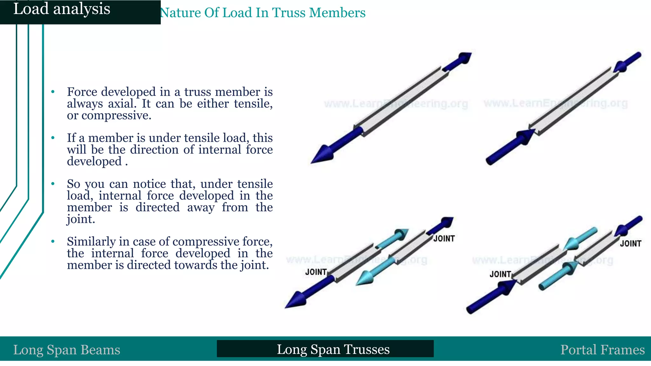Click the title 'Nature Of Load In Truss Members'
click(x=263, y=13)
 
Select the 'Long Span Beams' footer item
click(x=67, y=350)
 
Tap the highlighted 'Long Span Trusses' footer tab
click(x=333, y=349)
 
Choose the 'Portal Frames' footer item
click(x=602, y=350)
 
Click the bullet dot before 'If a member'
click(x=53, y=138)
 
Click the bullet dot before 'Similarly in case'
click(x=53, y=241)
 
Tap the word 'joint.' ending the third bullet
click(x=81, y=219)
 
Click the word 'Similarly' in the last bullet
click(x=91, y=242)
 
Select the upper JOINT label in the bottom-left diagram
click(x=444, y=239)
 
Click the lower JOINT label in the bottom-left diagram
click(x=316, y=272)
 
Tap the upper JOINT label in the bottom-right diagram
click(x=630, y=244)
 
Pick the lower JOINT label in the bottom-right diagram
click(x=500, y=274)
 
